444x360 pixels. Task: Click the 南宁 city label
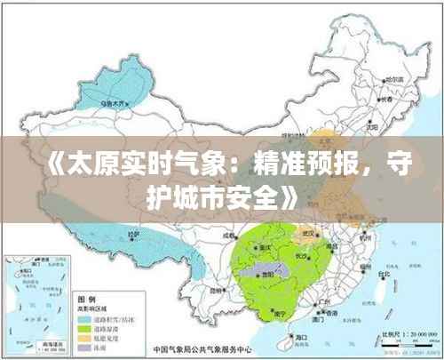click(278, 313)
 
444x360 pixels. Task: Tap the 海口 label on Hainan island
click(302, 338)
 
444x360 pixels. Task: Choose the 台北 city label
click(383, 275)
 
